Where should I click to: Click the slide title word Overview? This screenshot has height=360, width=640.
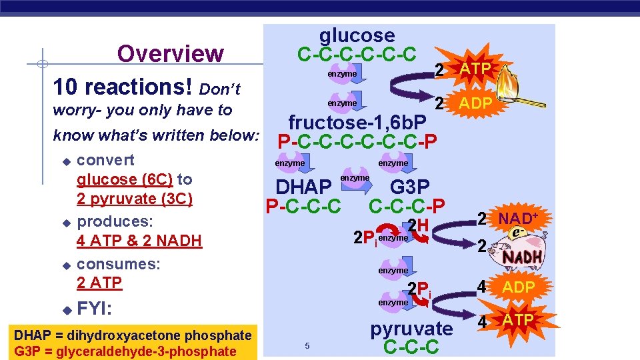click(170, 53)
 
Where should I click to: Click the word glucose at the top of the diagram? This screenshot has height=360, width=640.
click(357, 35)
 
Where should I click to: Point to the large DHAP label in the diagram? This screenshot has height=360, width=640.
click(303, 187)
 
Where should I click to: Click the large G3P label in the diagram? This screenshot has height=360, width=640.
click(410, 187)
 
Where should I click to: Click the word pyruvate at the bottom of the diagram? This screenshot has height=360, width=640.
click(411, 329)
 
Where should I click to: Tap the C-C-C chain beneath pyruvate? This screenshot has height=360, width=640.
click(411, 347)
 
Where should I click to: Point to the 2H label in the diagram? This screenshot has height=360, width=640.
click(417, 226)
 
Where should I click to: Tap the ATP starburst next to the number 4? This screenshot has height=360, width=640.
click(518, 321)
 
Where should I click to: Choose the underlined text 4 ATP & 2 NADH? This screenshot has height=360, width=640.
click(139, 240)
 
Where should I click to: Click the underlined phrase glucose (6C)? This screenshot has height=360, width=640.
click(125, 179)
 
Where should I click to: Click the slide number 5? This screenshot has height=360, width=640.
click(307, 345)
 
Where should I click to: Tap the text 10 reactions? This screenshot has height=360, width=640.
click(123, 87)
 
